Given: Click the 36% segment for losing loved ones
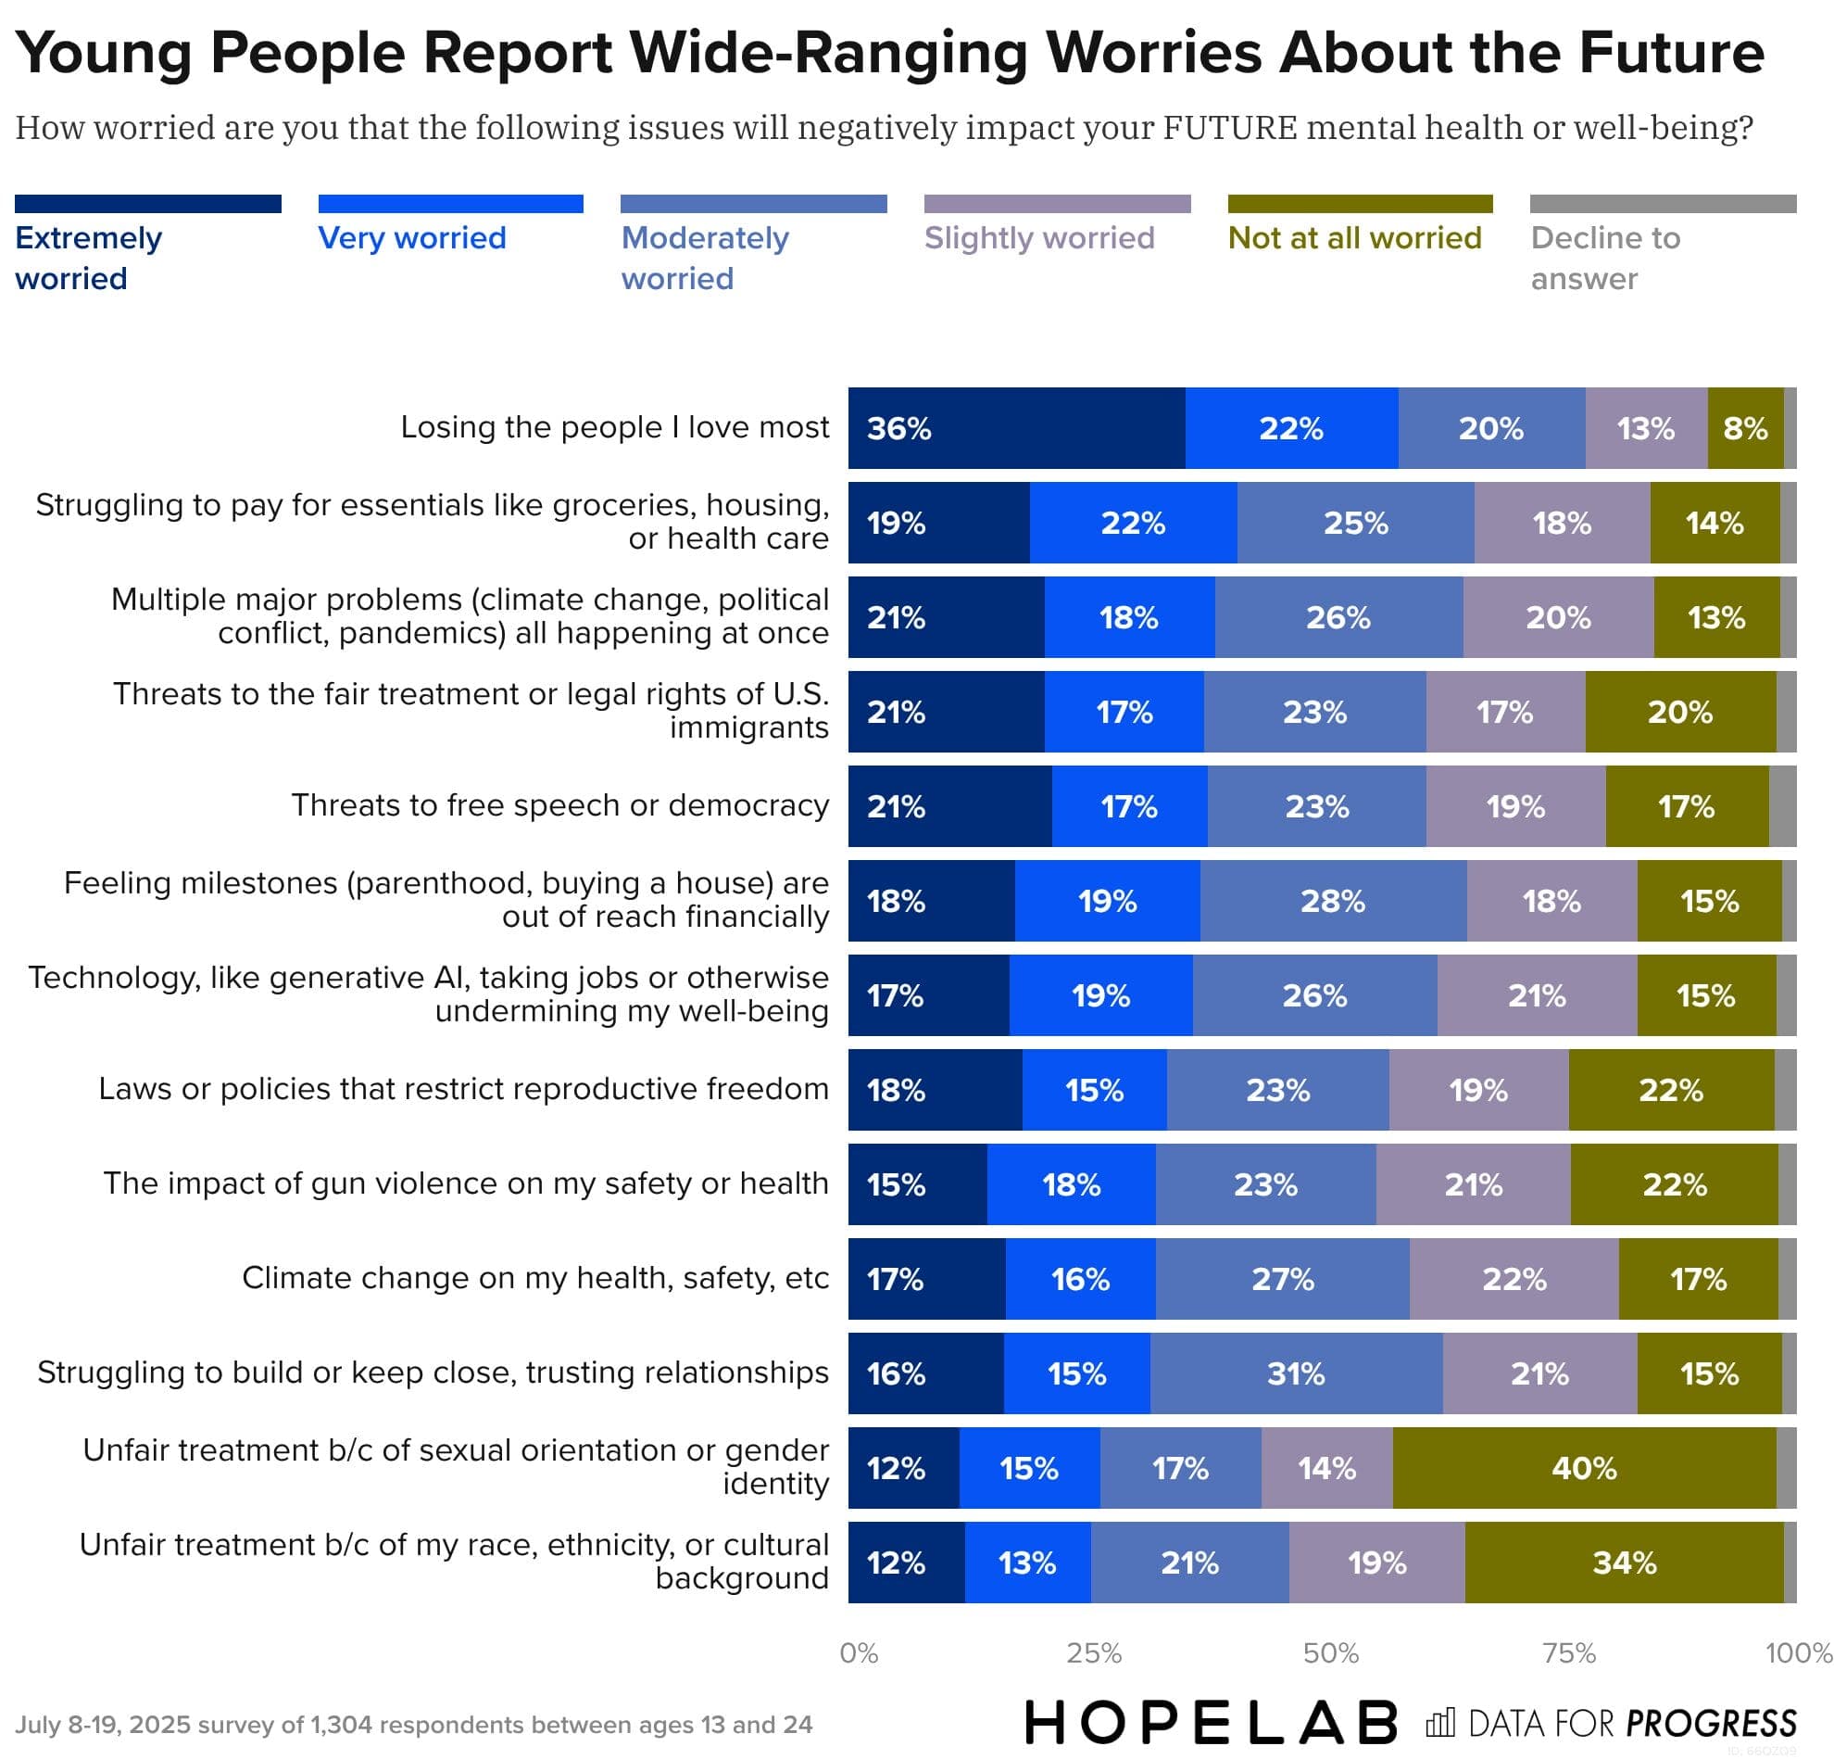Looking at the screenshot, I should tap(1016, 428).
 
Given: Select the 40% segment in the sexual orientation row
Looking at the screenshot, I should tap(1583, 1467).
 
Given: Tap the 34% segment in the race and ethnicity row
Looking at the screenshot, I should tap(1624, 1562).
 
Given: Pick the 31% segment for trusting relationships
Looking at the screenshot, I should tap(1296, 1373).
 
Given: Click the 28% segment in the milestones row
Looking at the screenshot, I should tap(1333, 901).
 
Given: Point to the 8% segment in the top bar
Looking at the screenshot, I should tap(1745, 428).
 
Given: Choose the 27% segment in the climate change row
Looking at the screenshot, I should tap(1282, 1278).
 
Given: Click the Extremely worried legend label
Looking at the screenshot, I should tap(88, 258).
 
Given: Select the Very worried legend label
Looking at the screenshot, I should tap(411, 238).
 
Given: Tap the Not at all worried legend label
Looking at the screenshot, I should tap(1354, 238).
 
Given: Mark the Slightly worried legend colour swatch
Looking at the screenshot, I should tap(1057, 203).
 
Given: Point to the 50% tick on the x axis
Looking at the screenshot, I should tap(1331, 1653).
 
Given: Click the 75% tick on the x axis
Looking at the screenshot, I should tap(1568, 1653).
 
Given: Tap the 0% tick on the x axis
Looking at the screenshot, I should tap(858, 1653).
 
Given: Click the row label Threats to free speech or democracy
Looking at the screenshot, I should tap(559, 805).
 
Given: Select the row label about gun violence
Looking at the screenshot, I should tap(466, 1183).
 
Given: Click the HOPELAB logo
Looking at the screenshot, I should tap(1211, 1723).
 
